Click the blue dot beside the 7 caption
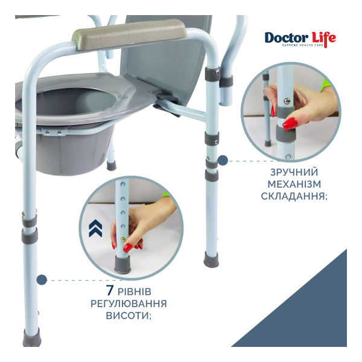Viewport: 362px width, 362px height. coord(42,280)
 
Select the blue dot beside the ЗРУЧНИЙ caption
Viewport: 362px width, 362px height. coord(223,160)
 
